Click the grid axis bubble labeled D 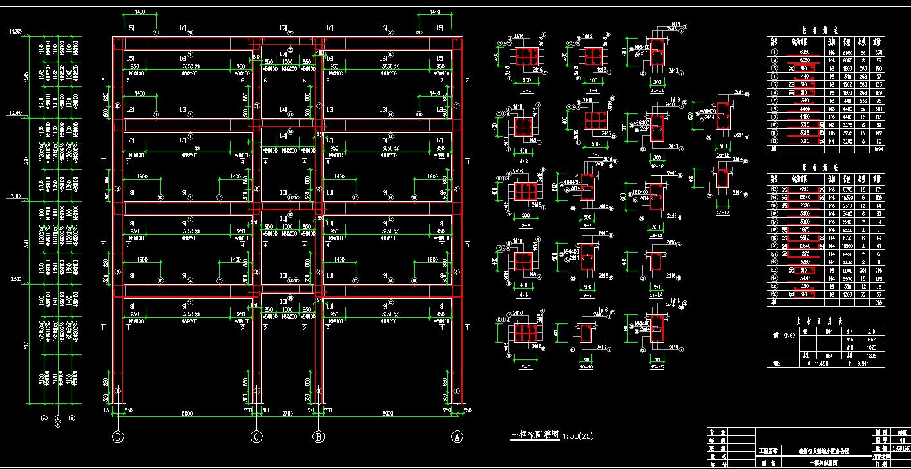(119, 436)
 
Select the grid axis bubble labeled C (256, 436)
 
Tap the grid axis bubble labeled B (318, 436)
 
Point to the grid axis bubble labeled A (457, 436)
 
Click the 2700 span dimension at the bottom (287, 412)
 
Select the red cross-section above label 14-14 (656, 263)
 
